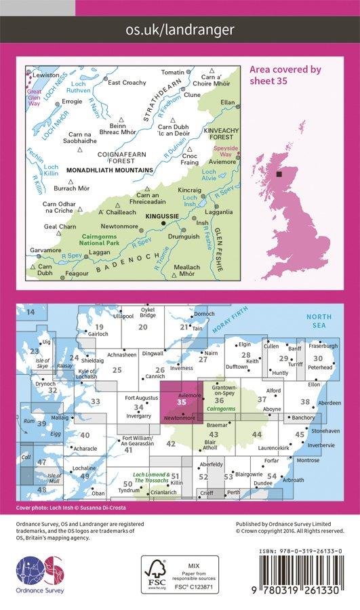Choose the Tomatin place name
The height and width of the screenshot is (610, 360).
[x=174, y=72]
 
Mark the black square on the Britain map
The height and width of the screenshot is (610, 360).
[x=279, y=175]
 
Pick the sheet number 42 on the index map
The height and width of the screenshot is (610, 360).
[x=171, y=444]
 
